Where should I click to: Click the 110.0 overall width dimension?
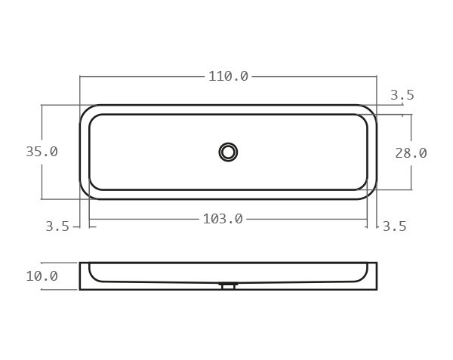[x=228, y=76]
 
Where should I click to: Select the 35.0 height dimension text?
[x=42, y=151]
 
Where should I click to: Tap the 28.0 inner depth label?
[x=411, y=152]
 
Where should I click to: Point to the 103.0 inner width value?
[x=223, y=219]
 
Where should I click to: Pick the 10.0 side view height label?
[x=42, y=276]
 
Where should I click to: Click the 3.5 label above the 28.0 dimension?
[x=402, y=95]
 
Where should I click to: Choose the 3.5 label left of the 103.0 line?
[x=57, y=226]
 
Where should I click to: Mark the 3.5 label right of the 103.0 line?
[x=394, y=226]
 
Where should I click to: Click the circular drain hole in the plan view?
[x=228, y=152]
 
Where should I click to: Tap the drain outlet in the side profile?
[x=228, y=286]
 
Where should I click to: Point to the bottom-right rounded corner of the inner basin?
[x=362, y=184]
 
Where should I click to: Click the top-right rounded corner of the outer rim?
[x=370, y=111]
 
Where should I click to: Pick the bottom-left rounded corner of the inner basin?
[x=94, y=184]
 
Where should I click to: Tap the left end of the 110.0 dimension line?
[x=80, y=76]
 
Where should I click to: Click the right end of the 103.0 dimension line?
[x=367, y=219]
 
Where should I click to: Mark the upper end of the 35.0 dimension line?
[x=42, y=105]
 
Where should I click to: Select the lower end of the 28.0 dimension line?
[x=411, y=189]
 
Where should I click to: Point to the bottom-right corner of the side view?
[x=376, y=289]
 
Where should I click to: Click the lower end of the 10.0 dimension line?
[x=42, y=289]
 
